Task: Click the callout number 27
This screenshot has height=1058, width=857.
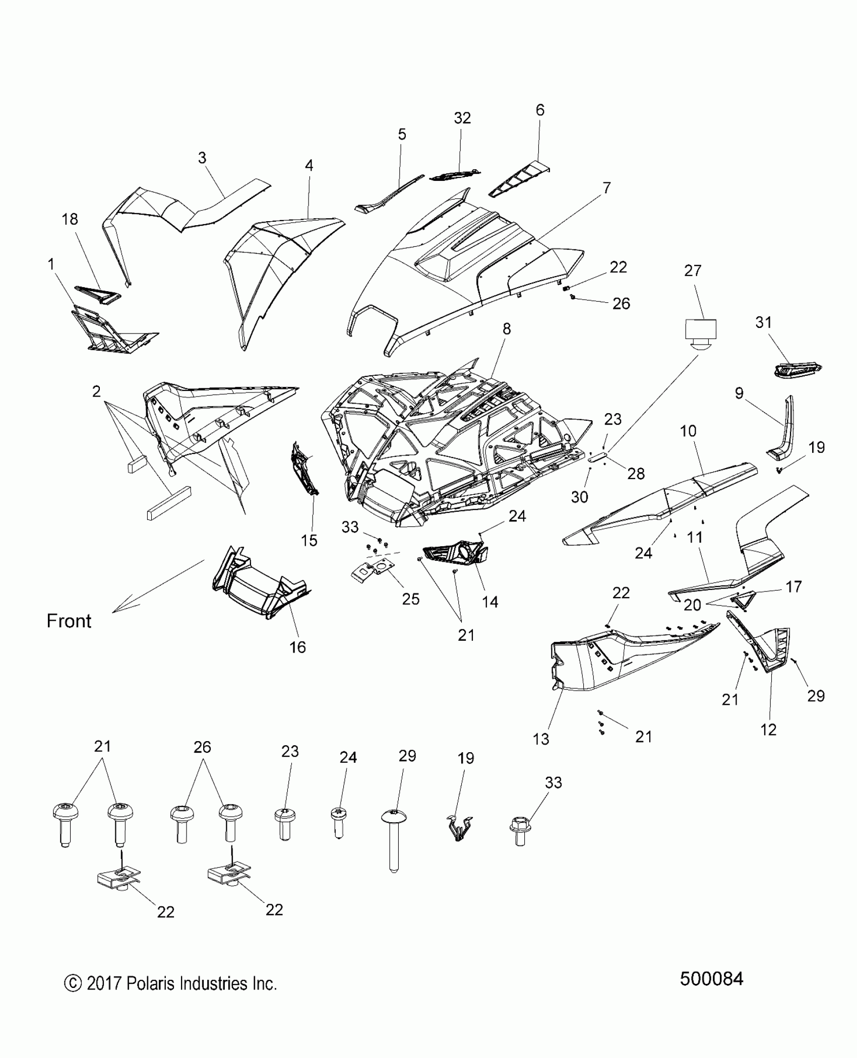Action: tap(693, 271)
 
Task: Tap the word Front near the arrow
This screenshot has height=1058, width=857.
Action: tap(69, 621)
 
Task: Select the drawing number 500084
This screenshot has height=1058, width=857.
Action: tap(711, 993)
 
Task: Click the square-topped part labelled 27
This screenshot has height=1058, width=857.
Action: tap(700, 333)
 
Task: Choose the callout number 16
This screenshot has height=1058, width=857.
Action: tap(297, 647)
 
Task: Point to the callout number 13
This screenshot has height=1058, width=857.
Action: tap(541, 739)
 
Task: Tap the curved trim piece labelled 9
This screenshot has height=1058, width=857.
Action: tap(783, 432)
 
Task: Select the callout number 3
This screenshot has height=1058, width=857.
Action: tap(202, 158)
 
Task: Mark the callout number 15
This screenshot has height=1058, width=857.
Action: tap(309, 541)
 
